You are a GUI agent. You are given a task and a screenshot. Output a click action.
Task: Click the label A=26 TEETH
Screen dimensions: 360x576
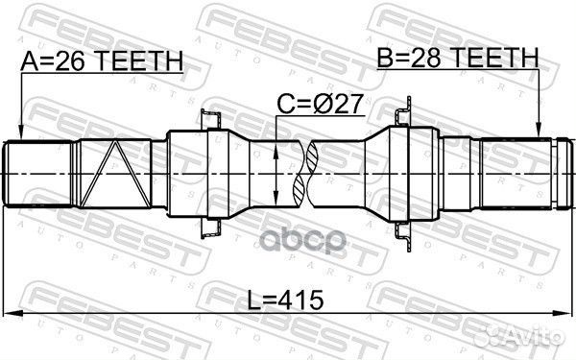[x=101, y=62]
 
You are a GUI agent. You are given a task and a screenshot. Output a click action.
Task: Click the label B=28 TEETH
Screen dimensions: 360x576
[x=457, y=60]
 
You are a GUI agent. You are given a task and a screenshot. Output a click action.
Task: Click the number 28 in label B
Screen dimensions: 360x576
[x=424, y=60]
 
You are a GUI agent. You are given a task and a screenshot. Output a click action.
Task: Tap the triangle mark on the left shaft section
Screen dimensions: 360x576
[x=113, y=171]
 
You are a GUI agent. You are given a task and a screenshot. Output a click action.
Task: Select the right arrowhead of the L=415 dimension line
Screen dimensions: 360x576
[x=566, y=313]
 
